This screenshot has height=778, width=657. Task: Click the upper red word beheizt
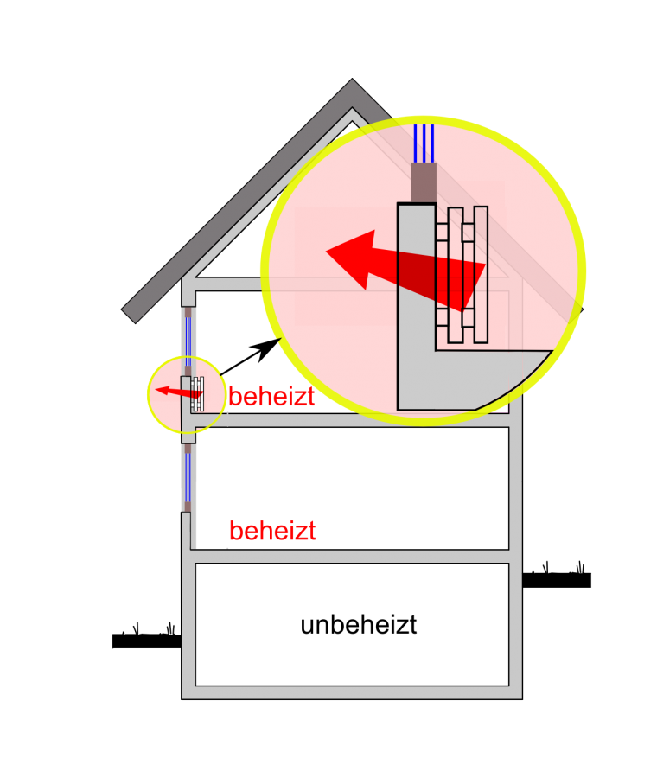point(271,399)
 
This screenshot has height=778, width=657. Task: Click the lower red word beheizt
point(272,532)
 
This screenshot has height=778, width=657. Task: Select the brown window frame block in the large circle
point(423,182)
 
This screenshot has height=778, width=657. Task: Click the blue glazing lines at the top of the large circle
point(424,143)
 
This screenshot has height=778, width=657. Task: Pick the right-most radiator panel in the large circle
point(481,274)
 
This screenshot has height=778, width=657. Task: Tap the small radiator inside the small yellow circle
point(198,393)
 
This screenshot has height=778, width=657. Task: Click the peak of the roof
point(352,87)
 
